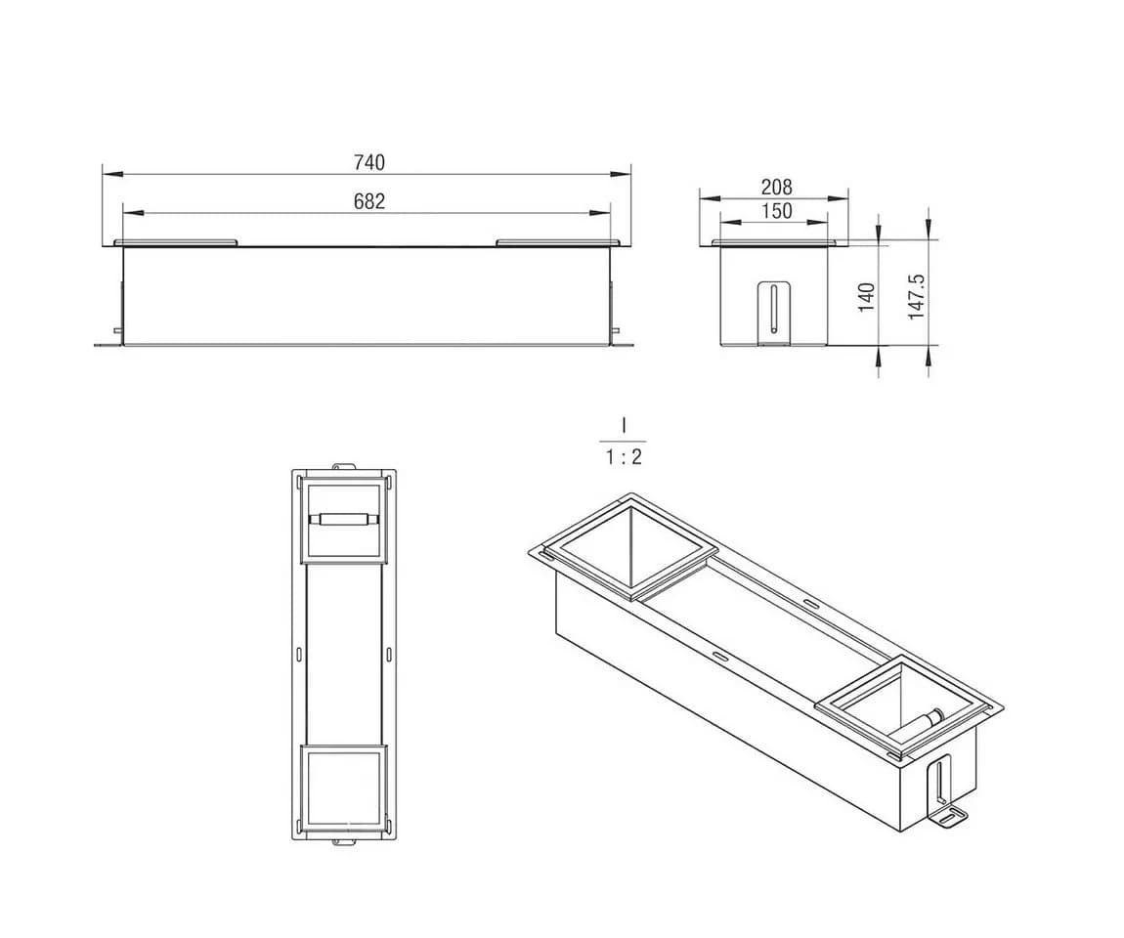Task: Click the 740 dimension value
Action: (369, 162)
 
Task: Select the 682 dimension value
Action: (369, 201)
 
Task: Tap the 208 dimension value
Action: (776, 187)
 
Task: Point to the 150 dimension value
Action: (776, 211)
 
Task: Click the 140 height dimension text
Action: (867, 297)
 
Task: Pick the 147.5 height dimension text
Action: (916, 296)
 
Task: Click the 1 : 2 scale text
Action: (624, 456)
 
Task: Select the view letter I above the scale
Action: (624, 426)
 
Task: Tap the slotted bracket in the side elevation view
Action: (774, 312)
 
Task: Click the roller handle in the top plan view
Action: (343, 520)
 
